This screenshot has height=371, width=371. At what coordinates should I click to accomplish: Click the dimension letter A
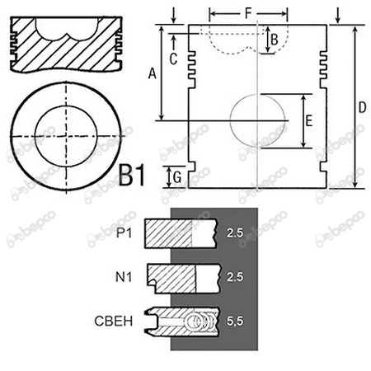point(152,73)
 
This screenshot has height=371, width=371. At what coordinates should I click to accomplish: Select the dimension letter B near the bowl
point(275,40)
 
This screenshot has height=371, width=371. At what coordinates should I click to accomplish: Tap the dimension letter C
point(173,59)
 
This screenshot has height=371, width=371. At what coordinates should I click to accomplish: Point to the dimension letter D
point(363,107)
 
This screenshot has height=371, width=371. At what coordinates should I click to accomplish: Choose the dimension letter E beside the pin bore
point(309,121)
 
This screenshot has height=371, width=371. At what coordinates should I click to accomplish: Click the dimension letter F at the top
point(248,13)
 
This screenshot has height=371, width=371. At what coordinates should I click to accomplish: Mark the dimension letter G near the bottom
point(177,177)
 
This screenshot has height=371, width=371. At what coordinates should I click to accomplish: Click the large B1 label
point(132,176)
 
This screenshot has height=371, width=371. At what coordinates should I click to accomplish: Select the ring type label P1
point(124,233)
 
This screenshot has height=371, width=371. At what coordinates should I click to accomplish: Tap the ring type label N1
point(124,277)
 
